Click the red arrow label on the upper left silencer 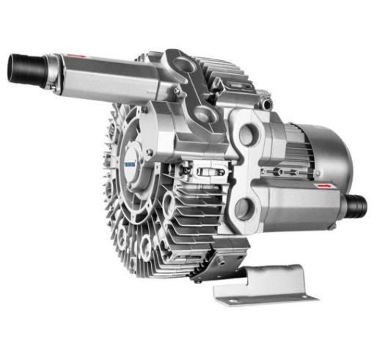point(73,56)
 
